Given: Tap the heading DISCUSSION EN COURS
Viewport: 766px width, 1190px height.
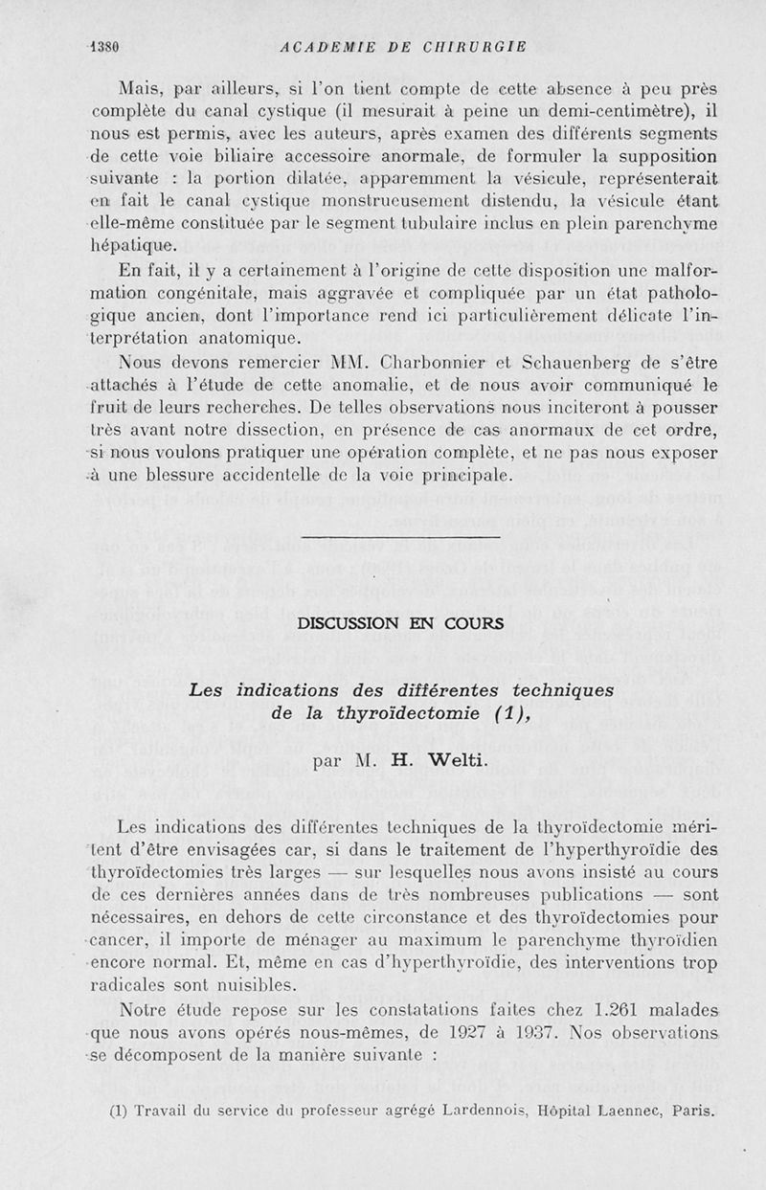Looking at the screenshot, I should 401,623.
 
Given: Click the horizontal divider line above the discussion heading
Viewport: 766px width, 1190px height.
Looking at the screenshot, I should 400,538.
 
